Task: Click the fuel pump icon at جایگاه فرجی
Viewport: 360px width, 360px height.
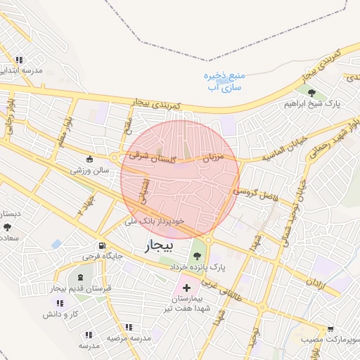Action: point(103,246)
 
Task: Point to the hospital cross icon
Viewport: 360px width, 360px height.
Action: point(177,288)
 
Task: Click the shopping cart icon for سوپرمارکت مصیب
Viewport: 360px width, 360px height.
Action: point(330,328)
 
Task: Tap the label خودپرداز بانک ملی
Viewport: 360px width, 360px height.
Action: point(154,220)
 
